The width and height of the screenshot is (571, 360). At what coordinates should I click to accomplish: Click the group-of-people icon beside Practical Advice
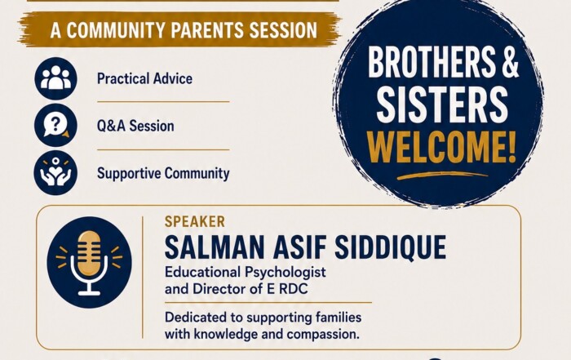(55, 78)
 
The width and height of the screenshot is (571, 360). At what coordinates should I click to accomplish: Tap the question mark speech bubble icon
(55, 126)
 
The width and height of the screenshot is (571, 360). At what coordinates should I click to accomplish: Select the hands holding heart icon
(55, 172)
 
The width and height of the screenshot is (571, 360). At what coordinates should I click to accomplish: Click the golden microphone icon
(89, 262)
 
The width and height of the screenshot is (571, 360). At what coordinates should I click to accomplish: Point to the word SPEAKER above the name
(195, 222)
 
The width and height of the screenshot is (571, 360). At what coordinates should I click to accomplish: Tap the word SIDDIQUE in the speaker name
(390, 247)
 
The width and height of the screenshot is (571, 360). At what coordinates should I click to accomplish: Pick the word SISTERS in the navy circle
(442, 104)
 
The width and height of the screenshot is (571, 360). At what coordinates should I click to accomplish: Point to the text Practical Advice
(144, 78)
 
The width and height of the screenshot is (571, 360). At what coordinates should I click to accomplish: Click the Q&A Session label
(135, 126)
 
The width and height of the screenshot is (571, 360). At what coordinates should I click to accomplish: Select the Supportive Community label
(163, 173)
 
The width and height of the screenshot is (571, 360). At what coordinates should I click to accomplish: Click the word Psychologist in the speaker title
(285, 273)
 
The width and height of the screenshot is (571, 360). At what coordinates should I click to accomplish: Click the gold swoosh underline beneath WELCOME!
(441, 176)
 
